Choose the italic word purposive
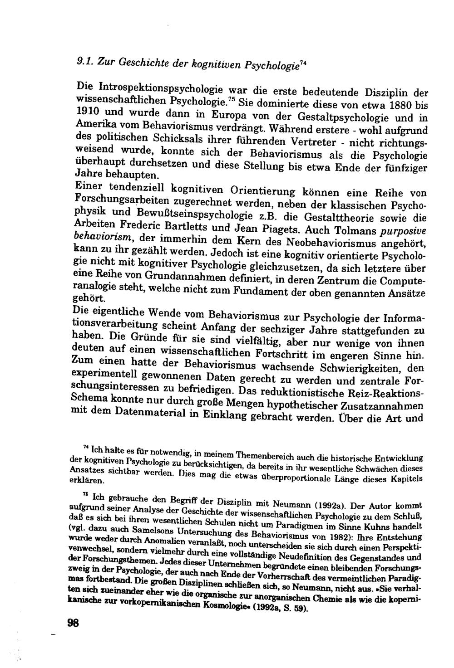402,230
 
